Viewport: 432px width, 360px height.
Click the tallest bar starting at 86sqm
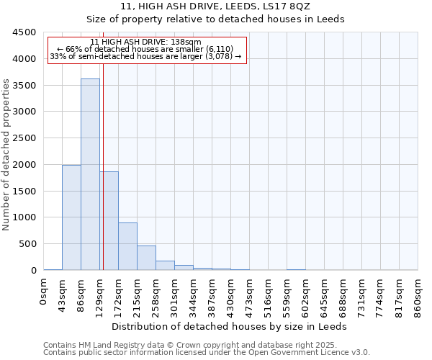point(90,174)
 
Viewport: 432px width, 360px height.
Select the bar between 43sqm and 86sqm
point(71,217)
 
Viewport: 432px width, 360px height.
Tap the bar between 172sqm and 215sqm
point(127,246)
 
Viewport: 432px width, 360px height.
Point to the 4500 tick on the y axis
point(24,32)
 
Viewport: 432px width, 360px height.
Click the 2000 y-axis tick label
point(24,165)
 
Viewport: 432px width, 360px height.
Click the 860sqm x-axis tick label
point(418,296)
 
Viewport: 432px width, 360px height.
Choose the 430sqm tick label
point(231,296)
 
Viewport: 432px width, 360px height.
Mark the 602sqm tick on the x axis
point(306,296)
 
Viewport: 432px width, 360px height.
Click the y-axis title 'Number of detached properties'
point(6,156)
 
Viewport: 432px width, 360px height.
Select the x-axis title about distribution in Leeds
point(230,326)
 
